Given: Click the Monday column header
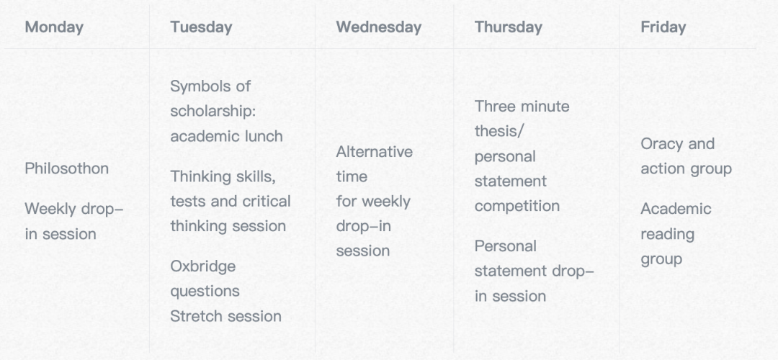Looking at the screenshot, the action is pos(54,27).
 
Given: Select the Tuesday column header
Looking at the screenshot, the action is pos(201,27).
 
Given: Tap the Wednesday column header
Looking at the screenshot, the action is pos(379,27).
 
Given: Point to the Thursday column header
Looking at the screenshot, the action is pos(508,27).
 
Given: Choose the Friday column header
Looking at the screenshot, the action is pos(663,27).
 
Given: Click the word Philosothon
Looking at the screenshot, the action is pos(67,168).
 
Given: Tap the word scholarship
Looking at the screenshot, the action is pos(211,111).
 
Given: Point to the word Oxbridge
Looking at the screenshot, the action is pos(203,266).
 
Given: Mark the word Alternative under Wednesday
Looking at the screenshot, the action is pos(374,151).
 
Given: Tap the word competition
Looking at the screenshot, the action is pos(517,206).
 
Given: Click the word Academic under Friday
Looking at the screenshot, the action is pos(676,209).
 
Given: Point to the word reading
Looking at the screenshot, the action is pos(667,234).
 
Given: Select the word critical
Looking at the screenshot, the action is pos(273,202).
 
